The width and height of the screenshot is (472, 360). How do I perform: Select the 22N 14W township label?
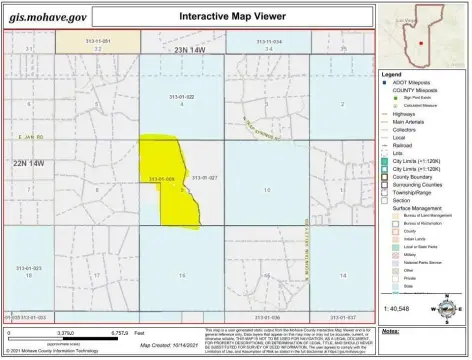click(x=28, y=162)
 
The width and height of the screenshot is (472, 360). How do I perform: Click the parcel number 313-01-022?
click(x=180, y=96)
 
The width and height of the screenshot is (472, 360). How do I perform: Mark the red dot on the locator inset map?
click(x=421, y=44)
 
